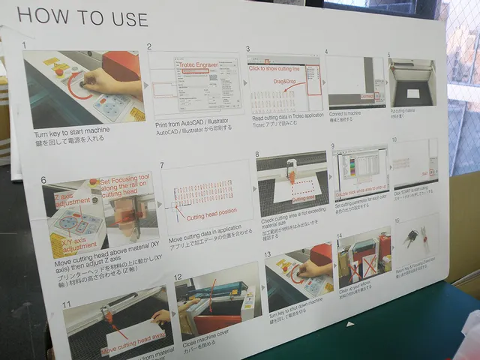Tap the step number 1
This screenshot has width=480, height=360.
pyautogui.click(x=25, y=46)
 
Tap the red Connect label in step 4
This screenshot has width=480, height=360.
pyautogui.click(x=368, y=97)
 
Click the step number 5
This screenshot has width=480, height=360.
pyautogui.click(x=389, y=55)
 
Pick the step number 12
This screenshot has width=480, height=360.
pyautogui.click(x=178, y=277)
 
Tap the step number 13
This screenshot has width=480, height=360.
pyautogui.click(x=267, y=254)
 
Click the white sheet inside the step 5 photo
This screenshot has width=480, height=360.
pyautogui.click(x=412, y=94)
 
